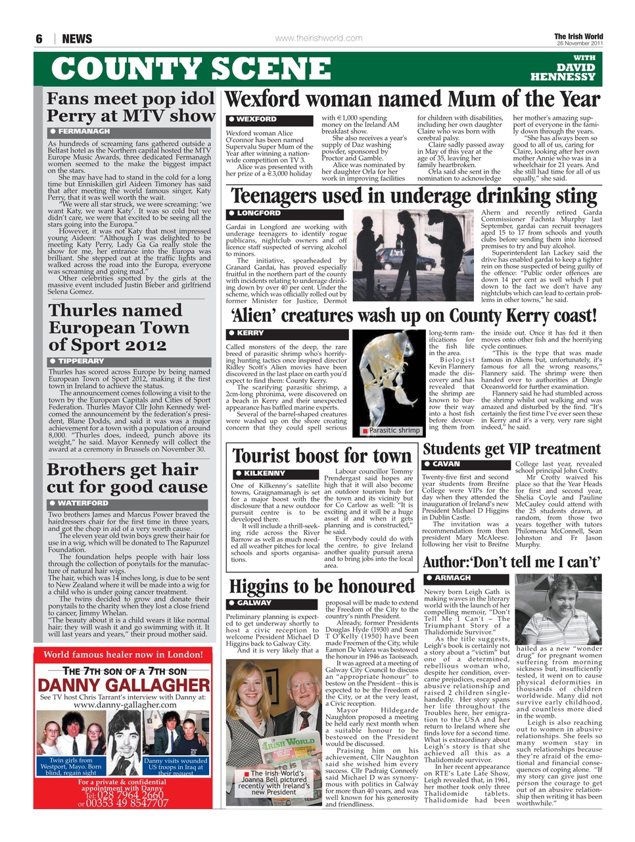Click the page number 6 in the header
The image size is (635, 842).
point(39,39)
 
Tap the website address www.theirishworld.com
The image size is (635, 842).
point(318,38)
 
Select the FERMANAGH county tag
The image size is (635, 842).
point(83,132)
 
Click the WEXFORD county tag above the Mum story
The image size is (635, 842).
point(256,120)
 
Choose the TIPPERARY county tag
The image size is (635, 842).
point(81,361)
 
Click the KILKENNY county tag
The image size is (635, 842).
point(264,474)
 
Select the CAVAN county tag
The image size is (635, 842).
point(446,464)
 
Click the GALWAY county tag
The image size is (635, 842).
point(254,603)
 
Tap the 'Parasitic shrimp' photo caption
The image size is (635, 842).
point(394,430)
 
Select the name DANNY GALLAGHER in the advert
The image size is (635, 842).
point(124,685)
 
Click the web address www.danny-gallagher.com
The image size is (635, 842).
point(125,705)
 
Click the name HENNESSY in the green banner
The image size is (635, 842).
point(563,77)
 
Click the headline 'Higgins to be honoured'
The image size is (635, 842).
point(321,585)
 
